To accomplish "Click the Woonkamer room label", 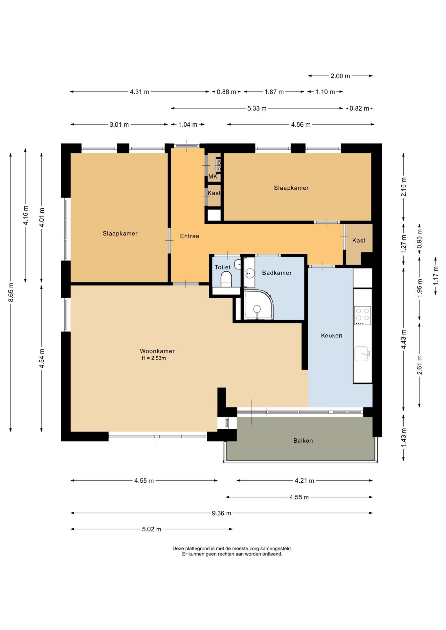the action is click(x=157, y=351).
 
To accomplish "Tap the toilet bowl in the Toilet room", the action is click(x=226, y=280).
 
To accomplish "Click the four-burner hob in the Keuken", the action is click(x=363, y=315).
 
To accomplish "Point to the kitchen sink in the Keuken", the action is click(x=362, y=353).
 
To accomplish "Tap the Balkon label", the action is click(x=303, y=441).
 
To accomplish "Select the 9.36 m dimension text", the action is click(x=221, y=513).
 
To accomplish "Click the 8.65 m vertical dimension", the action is click(x=11, y=292).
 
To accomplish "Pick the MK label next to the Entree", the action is click(x=213, y=177).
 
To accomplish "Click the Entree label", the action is click(x=190, y=236).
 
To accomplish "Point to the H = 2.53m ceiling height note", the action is click(x=154, y=358).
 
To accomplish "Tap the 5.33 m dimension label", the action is click(x=257, y=108).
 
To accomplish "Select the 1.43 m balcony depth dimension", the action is click(x=404, y=437).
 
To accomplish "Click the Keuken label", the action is click(x=331, y=335).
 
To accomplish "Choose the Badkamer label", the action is click(x=277, y=273).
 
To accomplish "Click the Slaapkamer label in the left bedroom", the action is click(x=120, y=233).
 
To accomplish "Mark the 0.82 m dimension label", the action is click(x=359, y=108).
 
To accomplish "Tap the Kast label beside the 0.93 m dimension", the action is click(x=359, y=241).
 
